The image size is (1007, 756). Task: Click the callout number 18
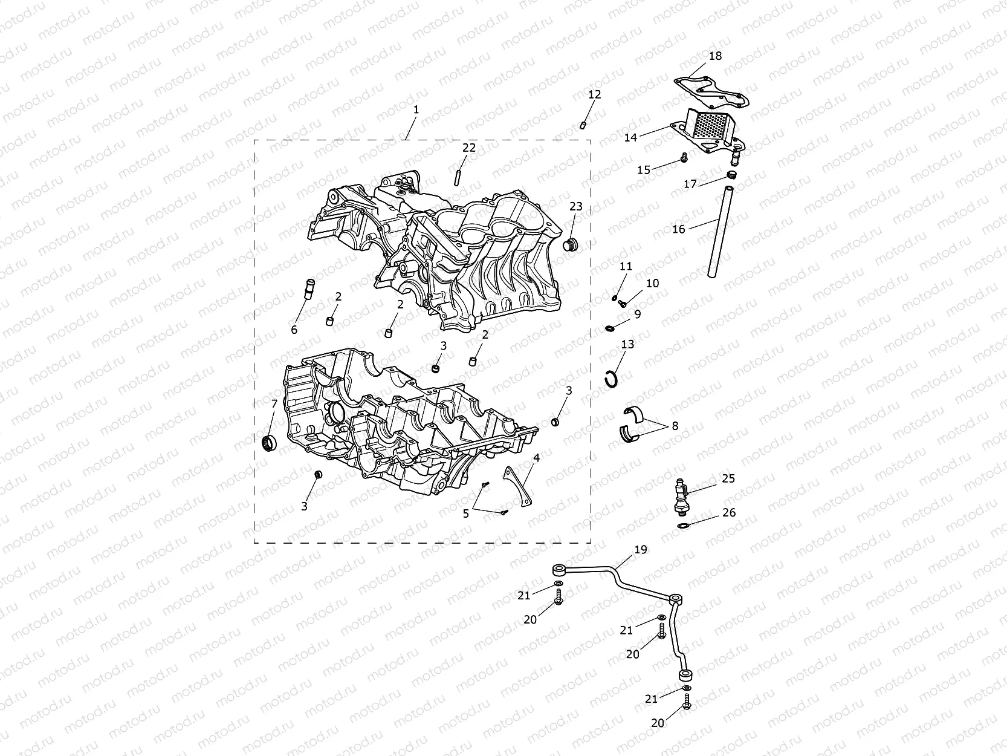pyautogui.click(x=715, y=56)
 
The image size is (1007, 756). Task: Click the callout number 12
pyautogui.click(x=595, y=94)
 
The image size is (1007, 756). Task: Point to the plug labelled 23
pyautogui.click(x=571, y=245)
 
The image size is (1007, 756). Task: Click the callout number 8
pyautogui.click(x=675, y=426)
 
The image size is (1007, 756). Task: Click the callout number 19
pyautogui.click(x=641, y=549)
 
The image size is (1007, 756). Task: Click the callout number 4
pyautogui.click(x=536, y=458)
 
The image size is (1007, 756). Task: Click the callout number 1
pyautogui.click(x=416, y=109)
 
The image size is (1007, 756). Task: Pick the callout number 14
pyautogui.click(x=630, y=137)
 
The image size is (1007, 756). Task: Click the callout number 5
pyautogui.click(x=466, y=513)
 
